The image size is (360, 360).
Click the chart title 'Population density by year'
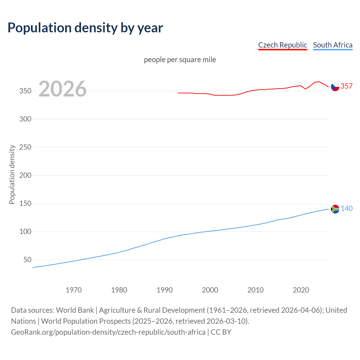point(85,28)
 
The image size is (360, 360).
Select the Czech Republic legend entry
point(282,45)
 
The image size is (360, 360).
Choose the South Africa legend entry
point(332,45)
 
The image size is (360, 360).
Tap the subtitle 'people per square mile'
point(180,60)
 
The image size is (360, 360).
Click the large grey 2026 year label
point(62,89)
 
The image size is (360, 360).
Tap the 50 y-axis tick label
point(27,260)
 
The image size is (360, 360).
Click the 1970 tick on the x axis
point(74,290)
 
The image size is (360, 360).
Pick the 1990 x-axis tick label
point(165,290)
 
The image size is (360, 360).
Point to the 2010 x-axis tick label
point(255,290)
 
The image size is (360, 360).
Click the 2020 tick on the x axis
point(301,290)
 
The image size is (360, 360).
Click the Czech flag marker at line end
point(335,87)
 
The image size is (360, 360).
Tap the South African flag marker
point(335,209)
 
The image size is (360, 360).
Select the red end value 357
point(346,86)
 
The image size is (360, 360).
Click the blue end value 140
point(346,208)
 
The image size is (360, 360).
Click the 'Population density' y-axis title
point(12,174)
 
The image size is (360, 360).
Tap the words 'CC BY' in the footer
point(221,332)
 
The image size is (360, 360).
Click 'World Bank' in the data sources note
point(75,310)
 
